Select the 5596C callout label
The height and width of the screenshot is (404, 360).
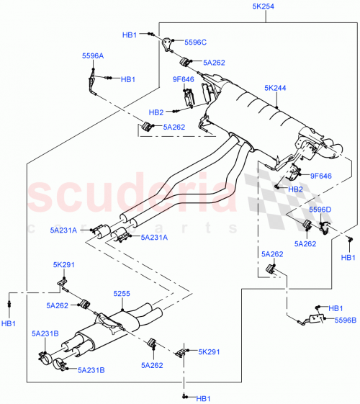pyautogui.click(x=195, y=42)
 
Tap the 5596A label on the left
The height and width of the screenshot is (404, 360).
pyautogui.click(x=92, y=55)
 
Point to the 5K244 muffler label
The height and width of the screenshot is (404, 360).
pyautogui.click(x=275, y=89)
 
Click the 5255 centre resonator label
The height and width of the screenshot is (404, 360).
pyautogui.click(x=122, y=294)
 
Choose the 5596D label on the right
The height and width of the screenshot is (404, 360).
pyautogui.click(x=320, y=209)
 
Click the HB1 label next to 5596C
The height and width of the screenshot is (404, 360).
pyautogui.click(x=130, y=34)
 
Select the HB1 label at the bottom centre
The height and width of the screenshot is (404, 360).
pyautogui.click(x=203, y=398)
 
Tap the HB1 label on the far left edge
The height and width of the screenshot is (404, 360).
pyautogui.click(x=8, y=324)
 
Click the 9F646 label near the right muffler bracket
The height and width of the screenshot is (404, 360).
pyautogui.click(x=320, y=175)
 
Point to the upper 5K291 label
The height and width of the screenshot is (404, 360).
pyautogui.click(x=64, y=265)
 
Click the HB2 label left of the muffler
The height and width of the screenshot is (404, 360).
pyautogui.click(x=157, y=112)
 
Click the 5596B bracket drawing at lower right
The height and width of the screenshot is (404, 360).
pyautogui.click(x=315, y=316)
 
